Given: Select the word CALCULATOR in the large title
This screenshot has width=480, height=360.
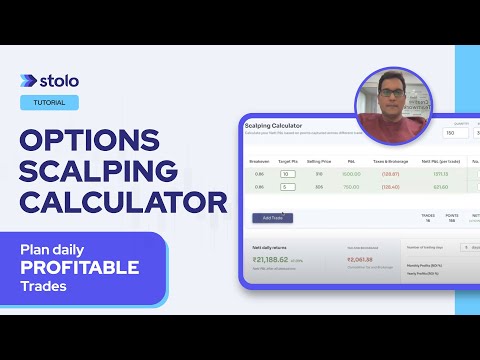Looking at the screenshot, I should [x=124, y=204].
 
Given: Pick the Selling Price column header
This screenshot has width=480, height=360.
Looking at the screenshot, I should [x=318, y=160].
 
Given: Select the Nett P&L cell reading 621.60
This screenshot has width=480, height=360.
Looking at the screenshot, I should [x=439, y=186].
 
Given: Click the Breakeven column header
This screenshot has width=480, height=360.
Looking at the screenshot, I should [x=260, y=160].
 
